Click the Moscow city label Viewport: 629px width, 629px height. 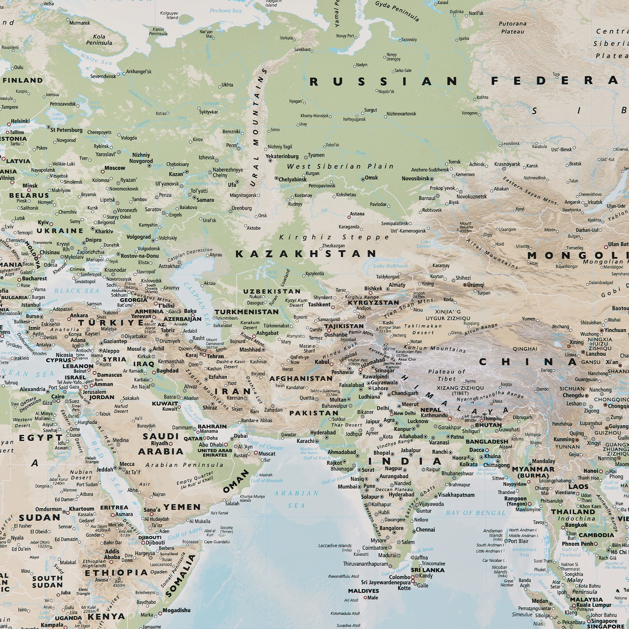tap(115, 168)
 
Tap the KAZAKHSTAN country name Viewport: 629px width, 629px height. tap(306, 254)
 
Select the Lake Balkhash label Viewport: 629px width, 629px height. tap(390, 266)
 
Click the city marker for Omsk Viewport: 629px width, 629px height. tap(363, 179)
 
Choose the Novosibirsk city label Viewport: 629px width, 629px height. tap(416, 179)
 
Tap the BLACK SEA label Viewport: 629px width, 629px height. tap(76, 291)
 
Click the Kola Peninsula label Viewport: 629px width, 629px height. tap(99, 40)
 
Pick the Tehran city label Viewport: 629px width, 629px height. tap(216, 356)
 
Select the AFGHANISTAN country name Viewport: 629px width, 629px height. tap(301, 379)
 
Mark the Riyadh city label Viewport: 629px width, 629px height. tap(159, 443)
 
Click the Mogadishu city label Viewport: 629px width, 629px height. tap(177, 610)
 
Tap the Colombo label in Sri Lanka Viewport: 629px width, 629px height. tap(400, 577)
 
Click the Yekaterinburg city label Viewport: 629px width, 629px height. tap(282, 156)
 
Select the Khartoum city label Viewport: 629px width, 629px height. tap(81, 509)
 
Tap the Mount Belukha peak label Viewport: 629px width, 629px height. tap(466, 227)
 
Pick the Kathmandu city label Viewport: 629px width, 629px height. tap(434, 416)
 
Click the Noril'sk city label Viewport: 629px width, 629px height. tap(476, 13)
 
